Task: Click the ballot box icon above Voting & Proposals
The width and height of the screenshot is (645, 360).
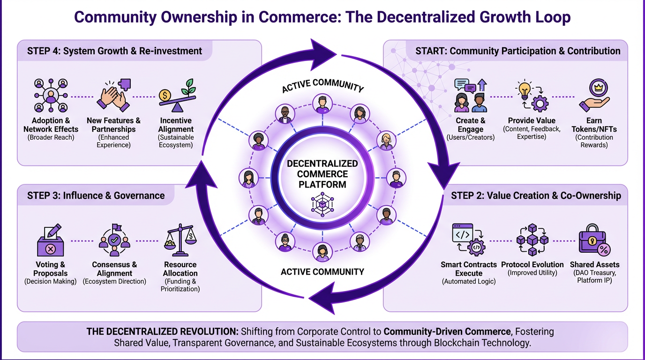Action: [x=50, y=241]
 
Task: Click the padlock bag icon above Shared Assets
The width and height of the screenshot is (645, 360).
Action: [x=594, y=240]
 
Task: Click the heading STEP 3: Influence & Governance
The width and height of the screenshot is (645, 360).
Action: [x=96, y=195]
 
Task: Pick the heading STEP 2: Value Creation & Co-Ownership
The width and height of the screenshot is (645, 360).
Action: [x=535, y=195]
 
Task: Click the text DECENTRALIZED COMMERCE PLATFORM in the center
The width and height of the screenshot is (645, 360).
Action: [x=322, y=174]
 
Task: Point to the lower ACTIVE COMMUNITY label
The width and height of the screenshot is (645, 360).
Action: [x=322, y=271]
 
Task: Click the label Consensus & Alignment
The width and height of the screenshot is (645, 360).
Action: [x=114, y=269]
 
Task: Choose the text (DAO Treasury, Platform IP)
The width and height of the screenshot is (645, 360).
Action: [x=594, y=277]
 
